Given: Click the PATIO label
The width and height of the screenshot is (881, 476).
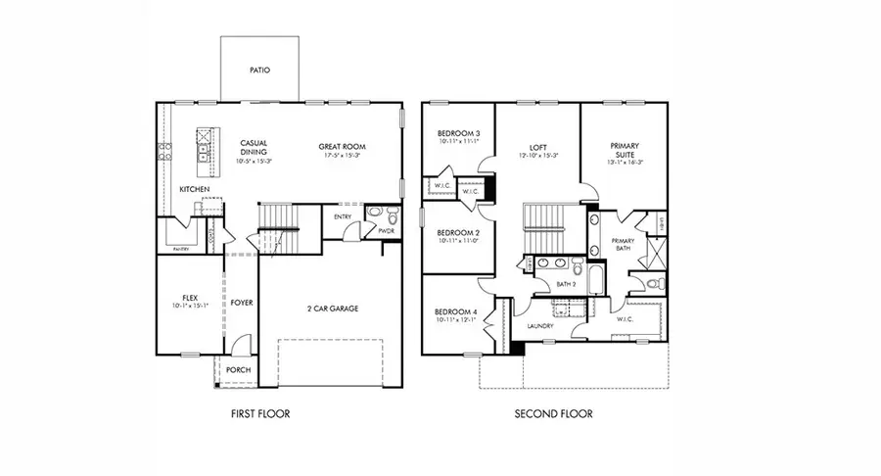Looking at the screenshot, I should click(x=259, y=71).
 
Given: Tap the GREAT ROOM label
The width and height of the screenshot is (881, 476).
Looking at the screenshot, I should click(x=342, y=147).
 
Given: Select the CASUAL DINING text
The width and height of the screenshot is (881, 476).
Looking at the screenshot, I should click(x=254, y=148).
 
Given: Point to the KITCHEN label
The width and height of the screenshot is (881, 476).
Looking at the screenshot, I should click(x=194, y=189).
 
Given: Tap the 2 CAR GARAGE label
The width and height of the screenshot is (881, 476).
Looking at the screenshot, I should click(x=329, y=309).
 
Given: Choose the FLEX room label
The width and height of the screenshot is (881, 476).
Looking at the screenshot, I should click(x=191, y=297).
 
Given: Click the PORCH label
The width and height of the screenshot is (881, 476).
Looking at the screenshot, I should click(x=238, y=369).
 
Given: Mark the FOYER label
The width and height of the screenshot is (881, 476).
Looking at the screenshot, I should click(x=242, y=304).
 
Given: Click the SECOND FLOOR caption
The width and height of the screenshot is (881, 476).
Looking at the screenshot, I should click(x=553, y=414).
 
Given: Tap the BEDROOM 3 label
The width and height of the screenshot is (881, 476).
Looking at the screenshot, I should click(x=457, y=133).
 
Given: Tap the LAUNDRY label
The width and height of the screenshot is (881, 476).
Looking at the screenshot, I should click(x=540, y=326).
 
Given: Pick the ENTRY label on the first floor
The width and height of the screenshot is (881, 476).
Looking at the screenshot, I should click(x=342, y=217).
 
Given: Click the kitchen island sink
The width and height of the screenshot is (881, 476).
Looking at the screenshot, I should click(x=204, y=152).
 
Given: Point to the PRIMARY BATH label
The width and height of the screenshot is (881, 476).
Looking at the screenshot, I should click(x=624, y=245).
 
